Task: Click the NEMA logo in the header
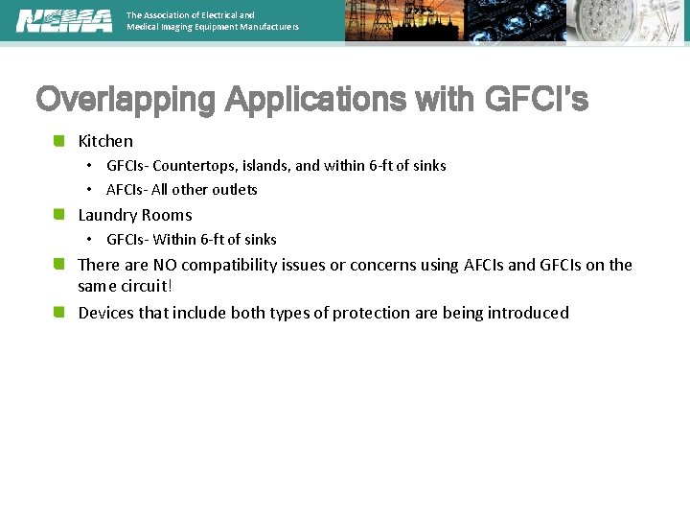pos(64,20)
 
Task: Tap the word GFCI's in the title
pos(538,100)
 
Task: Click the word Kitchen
pos(105,141)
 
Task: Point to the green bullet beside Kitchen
pos(59,141)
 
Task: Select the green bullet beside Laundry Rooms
pos(59,215)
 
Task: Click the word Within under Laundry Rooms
pos(174,240)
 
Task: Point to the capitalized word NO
pos(165,265)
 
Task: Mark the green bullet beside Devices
pos(59,313)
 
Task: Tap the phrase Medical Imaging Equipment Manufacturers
pos(213,27)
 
